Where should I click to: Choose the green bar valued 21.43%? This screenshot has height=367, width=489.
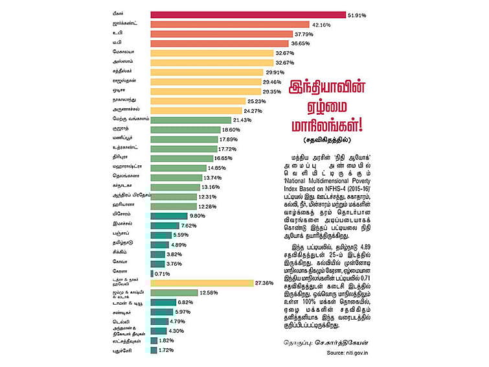(190, 120)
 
